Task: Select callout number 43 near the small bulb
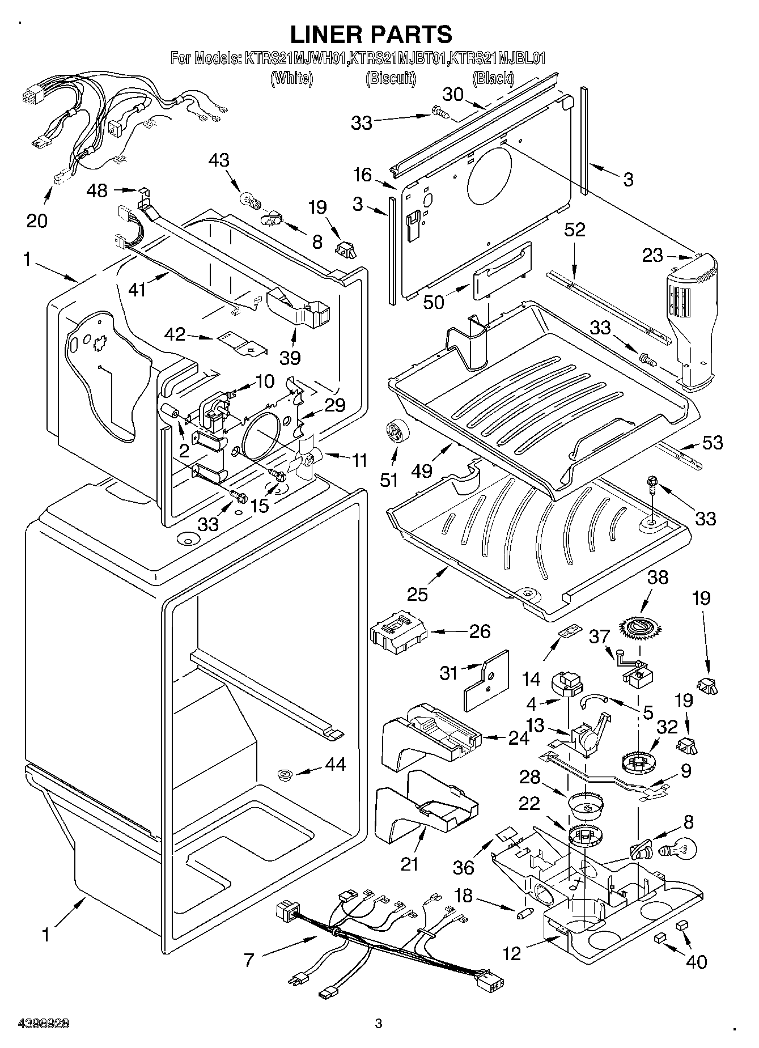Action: [219, 160]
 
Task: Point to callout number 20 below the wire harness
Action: [37, 220]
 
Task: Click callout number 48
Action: [97, 190]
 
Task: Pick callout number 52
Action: [574, 230]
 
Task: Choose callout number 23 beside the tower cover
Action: [652, 256]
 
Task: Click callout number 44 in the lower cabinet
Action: [334, 764]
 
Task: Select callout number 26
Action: [480, 631]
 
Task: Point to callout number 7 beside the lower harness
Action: [248, 960]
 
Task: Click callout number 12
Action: [511, 954]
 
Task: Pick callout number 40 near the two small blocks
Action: [697, 961]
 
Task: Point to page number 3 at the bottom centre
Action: [379, 1024]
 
